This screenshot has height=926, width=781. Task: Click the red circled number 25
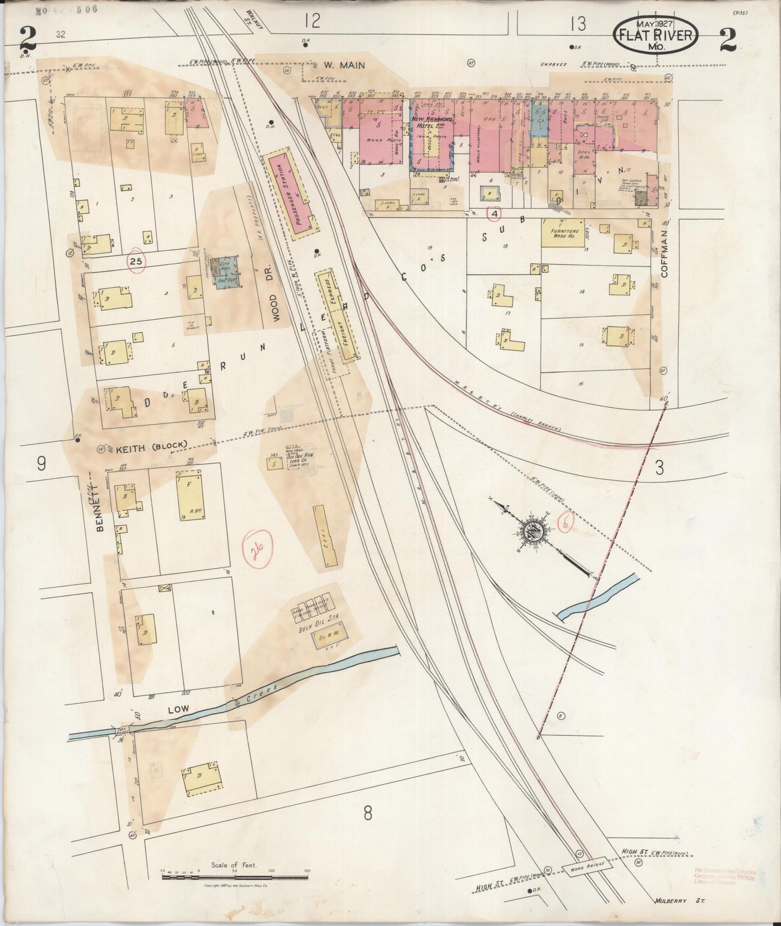[136, 261]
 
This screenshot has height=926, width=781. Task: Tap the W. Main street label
[344, 65]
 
